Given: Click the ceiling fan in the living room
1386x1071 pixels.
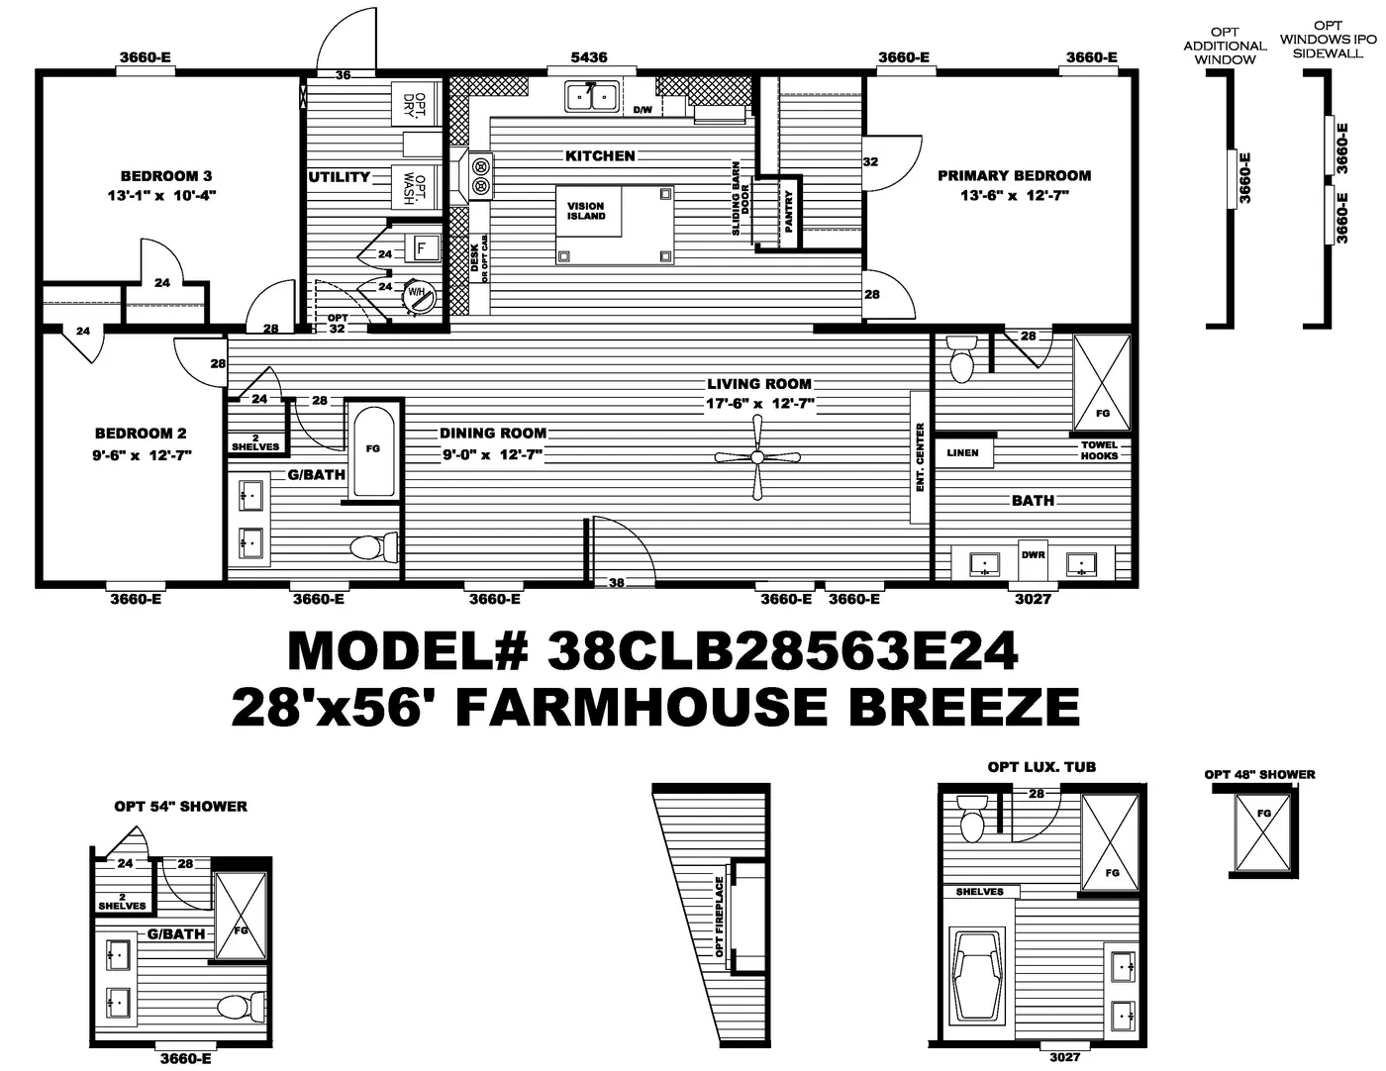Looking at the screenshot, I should point(757,456).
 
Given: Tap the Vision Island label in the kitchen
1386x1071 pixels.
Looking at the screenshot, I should point(586,211).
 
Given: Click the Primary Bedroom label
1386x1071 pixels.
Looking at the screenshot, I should point(1014,175).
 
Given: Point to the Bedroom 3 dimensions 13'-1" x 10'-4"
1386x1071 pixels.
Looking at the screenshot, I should point(160,196).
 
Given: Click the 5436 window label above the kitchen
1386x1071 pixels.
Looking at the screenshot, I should point(589,57).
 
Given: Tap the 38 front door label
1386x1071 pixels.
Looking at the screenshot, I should point(617,583).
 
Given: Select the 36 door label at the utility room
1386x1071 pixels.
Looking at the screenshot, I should point(343,75).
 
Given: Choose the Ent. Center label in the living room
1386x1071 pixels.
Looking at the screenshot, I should point(920,457).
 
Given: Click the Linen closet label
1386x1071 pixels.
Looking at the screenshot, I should point(962,453).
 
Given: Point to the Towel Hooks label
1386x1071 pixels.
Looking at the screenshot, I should point(1099,450).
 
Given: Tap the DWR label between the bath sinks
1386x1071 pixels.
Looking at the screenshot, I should point(1033,555).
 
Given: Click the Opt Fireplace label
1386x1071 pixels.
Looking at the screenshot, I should point(720,917).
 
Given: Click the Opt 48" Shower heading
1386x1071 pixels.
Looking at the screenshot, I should point(1259,774).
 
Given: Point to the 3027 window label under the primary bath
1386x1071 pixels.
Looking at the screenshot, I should point(1033,599).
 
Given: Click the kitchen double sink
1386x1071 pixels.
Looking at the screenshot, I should point(591,96).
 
